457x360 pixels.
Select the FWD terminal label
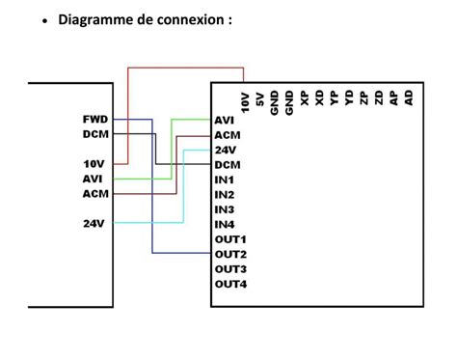(95, 120)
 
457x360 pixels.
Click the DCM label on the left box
(95, 134)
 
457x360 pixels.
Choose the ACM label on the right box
(227, 135)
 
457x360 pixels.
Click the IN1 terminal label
(224, 180)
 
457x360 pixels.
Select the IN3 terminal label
(224, 209)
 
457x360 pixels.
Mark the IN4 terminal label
(224, 224)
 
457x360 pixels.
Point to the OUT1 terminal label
(230, 238)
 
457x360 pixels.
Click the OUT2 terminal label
(230, 254)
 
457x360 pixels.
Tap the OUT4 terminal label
(230, 284)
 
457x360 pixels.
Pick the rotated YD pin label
(348, 99)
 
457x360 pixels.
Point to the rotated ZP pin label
(363, 99)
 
